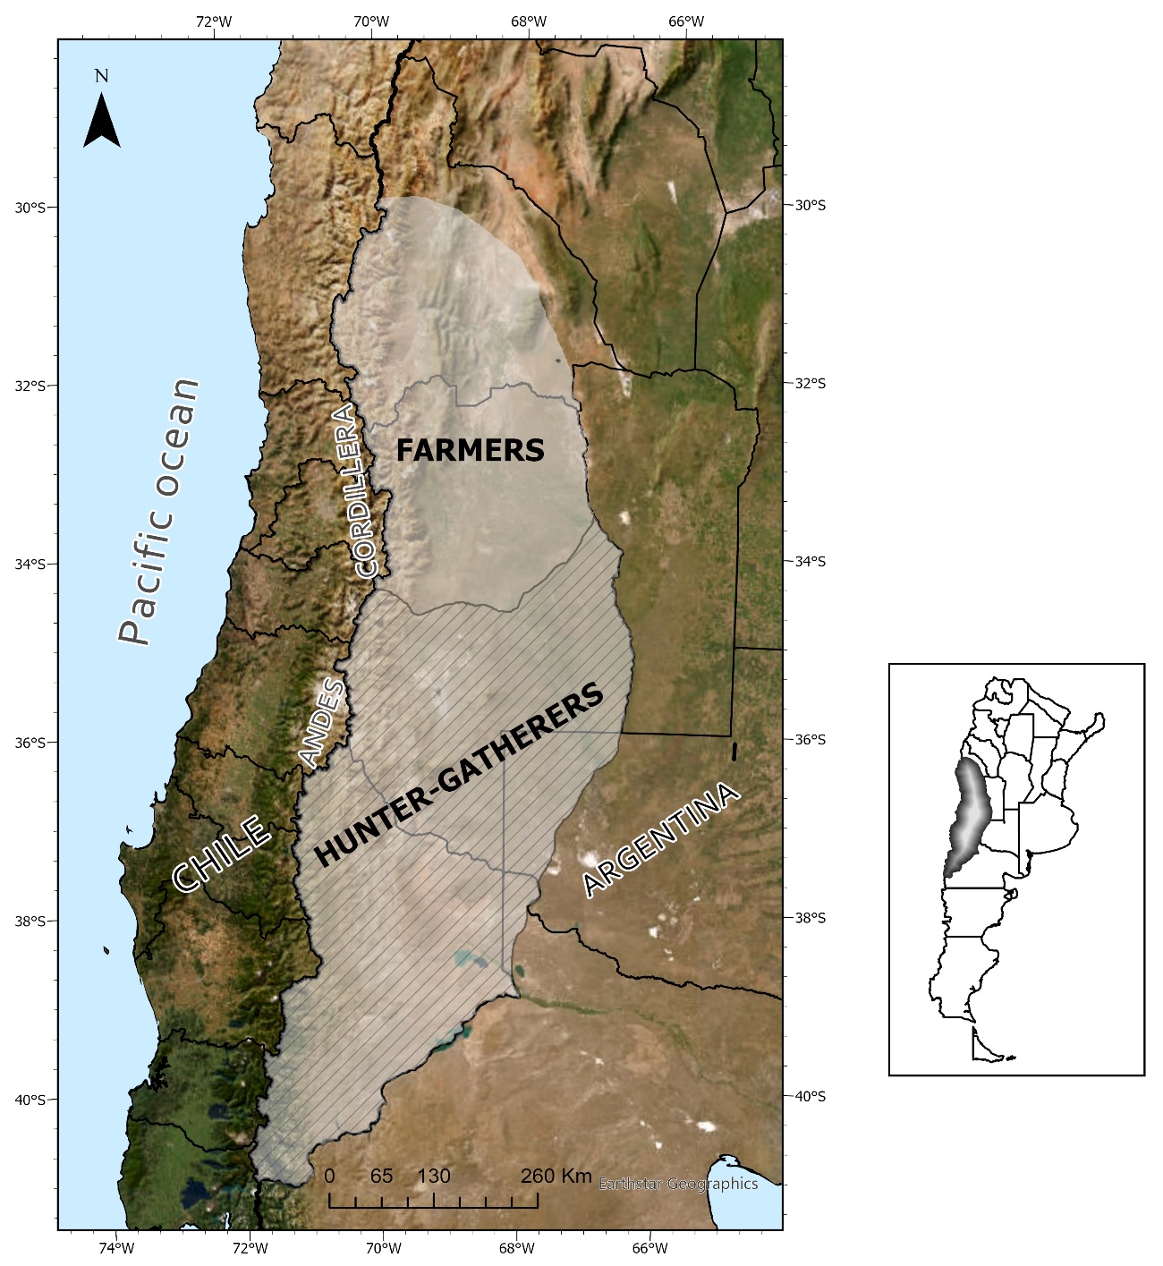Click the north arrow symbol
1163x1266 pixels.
(102, 122)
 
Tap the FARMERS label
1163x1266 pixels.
(471, 450)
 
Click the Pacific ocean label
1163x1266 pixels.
(159, 511)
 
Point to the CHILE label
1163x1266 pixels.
(221, 854)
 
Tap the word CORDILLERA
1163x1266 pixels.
(355, 490)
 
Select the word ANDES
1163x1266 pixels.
(321, 723)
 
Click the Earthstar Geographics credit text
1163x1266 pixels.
(678, 1184)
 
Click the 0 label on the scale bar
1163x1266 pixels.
(329, 1176)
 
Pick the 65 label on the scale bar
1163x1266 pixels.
(381, 1176)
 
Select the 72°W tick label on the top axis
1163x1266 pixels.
(213, 21)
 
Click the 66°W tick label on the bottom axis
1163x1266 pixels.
(649, 1248)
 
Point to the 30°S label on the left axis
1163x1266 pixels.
(30, 208)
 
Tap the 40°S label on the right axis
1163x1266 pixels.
(809, 1096)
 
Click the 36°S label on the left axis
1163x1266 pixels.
(30, 743)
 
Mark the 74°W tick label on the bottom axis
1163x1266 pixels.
(116, 1248)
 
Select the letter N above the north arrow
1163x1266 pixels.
(101, 76)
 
